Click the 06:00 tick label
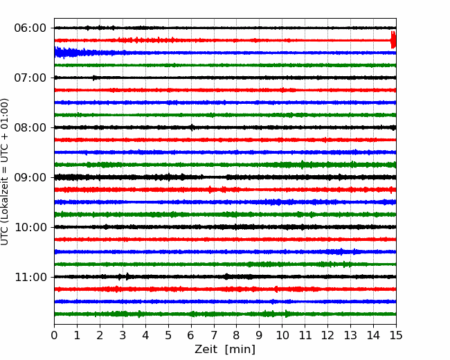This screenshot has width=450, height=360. click(30, 28)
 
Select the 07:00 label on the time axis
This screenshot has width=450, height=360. click(30, 78)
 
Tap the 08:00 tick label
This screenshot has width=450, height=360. click(30, 128)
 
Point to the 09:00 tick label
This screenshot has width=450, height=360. click(30, 177)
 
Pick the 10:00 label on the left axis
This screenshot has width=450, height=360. click(30, 227)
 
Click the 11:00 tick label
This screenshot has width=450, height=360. click(30, 278)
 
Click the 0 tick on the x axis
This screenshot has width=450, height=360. click(54, 335)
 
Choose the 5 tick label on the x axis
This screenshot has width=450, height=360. click(168, 335)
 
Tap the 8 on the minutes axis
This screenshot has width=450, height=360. click(237, 335)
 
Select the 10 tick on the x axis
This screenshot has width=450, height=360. click(282, 335)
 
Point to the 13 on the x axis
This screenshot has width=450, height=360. click(350, 335)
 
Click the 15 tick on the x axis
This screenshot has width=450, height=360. click(396, 335)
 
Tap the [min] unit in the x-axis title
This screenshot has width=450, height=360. click(240, 350)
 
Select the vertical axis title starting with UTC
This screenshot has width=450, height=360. click(5, 172)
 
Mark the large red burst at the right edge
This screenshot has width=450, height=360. click(393, 40)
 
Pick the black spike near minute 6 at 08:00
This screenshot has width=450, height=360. click(192, 127)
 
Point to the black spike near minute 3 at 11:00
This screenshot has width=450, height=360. click(127, 276)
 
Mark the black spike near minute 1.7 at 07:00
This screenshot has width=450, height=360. click(93, 78)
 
